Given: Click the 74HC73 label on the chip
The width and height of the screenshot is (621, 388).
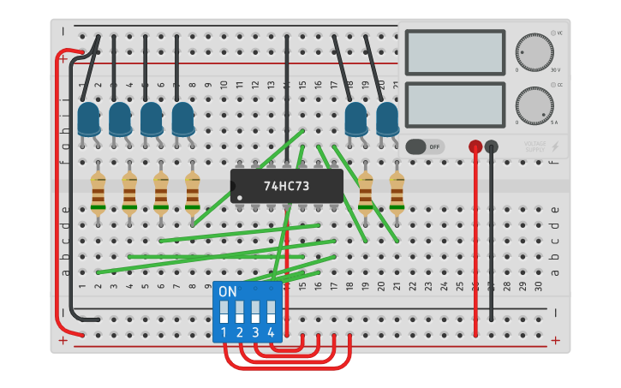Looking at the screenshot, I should [x=287, y=186].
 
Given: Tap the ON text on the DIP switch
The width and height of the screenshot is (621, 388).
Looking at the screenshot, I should [x=228, y=292].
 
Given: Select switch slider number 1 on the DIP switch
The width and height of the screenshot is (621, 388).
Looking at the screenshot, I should [x=224, y=311].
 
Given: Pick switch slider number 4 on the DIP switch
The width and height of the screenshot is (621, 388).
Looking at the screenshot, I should [x=271, y=311].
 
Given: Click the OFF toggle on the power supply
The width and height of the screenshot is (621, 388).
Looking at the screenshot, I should [x=425, y=146].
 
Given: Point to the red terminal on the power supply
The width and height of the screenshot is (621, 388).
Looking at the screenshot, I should [x=475, y=146].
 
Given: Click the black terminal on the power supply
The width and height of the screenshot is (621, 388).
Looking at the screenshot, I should [x=491, y=146].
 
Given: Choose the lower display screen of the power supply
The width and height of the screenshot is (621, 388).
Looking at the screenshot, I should [x=454, y=104].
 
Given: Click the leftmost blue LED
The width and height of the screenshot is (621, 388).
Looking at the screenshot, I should [x=88, y=119].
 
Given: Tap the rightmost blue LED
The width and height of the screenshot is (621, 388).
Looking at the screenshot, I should [x=387, y=119].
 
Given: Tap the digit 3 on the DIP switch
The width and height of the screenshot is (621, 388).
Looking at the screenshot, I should [x=255, y=332].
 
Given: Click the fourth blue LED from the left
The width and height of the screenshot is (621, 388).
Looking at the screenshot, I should [x=182, y=119].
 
